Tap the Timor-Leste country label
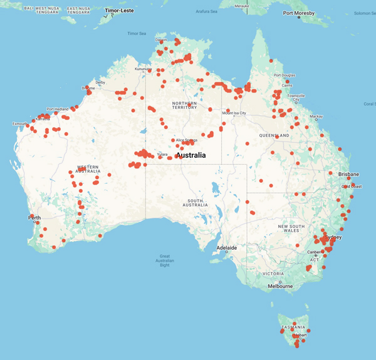[x=119, y=10]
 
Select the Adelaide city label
[x=226, y=248]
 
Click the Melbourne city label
[x=280, y=286]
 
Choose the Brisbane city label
[x=348, y=174]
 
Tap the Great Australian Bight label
[x=165, y=260]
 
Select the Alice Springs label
[x=187, y=140]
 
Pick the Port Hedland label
[x=58, y=109]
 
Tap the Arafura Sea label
[x=206, y=11]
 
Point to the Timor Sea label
[x=137, y=33]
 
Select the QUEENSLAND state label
[x=274, y=135]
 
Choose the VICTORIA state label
[x=273, y=274]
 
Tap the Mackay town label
[x=316, y=116]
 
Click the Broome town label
[x=88, y=88]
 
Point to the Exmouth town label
[x=19, y=124]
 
